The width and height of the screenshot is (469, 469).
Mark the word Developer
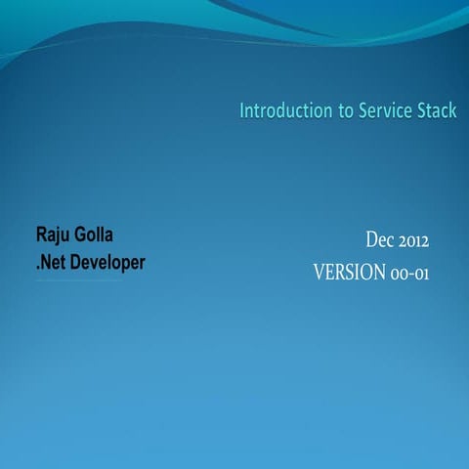(x=109, y=263)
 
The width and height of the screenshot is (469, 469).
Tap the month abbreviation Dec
(x=380, y=239)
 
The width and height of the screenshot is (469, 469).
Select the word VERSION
(x=349, y=272)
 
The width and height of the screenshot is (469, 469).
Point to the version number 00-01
(x=410, y=272)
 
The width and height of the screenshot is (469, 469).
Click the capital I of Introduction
(x=242, y=111)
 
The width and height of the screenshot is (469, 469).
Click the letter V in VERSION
(x=319, y=272)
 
